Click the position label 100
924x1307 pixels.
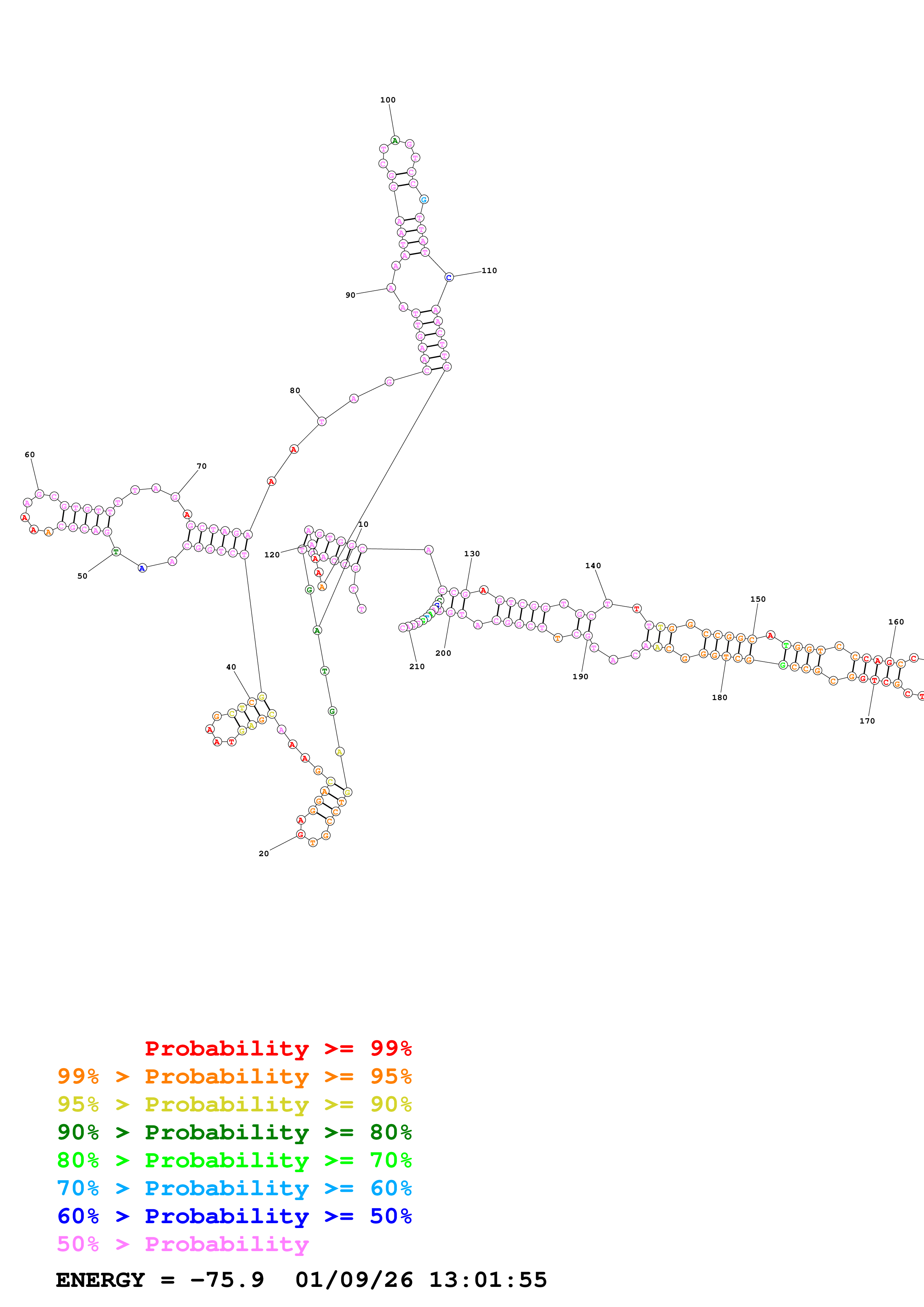(388, 99)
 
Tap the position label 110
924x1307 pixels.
(489, 270)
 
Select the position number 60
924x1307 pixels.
(29, 454)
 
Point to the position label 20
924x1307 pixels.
(264, 853)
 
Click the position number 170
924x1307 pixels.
(867, 721)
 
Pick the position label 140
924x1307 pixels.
(593, 565)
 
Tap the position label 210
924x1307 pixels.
(417, 666)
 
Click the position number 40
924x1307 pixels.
(231, 667)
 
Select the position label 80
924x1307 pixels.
(295, 390)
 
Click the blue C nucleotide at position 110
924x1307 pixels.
(449, 277)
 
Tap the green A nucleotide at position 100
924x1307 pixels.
(395, 140)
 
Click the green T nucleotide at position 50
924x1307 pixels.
(116, 552)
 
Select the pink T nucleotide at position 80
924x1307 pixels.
(322, 421)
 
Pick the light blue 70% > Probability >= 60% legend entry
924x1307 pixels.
(234, 1188)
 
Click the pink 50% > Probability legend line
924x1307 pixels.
(183, 1244)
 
